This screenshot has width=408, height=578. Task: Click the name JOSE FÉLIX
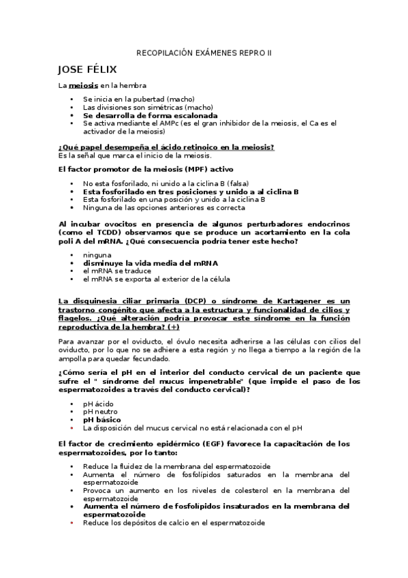coord(88,70)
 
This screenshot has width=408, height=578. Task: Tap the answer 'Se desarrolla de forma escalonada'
coord(150,115)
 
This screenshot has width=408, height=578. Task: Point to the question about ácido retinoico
coord(166,147)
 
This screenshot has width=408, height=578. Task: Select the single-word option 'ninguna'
coord(97,255)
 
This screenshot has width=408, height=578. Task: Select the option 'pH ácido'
coord(99,404)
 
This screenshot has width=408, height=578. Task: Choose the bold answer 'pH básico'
coord(101,420)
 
